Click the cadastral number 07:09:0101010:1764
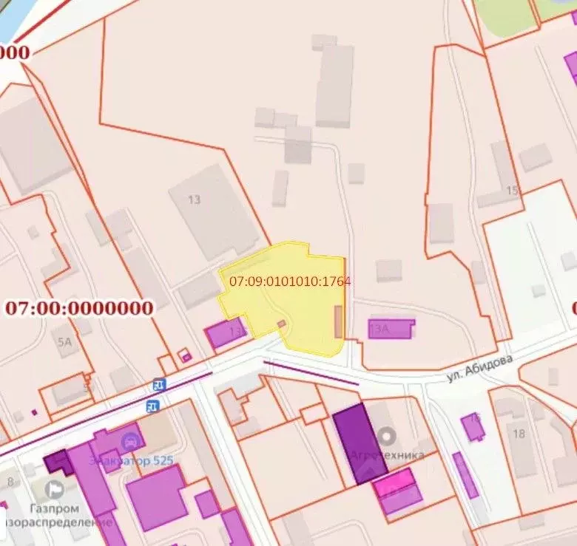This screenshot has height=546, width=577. pyautogui.click(x=290, y=281)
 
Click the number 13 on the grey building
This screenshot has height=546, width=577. pyautogui.click(x=195, y=199)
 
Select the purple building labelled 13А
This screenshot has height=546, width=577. pyautogui.click(x=391, y=328)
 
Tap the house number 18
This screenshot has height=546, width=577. pyautogui.click(x=519, y=433)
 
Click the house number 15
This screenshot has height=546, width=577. pyautogui.click(x=512, y=191)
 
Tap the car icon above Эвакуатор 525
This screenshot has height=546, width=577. pyautogui.click(x=132, y=442)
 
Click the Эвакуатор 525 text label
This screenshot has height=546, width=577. pyautogui.click(x=132, y=461)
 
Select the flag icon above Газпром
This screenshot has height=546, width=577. pyautogui.click(x=53, y=488)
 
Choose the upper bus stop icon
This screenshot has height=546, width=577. pyautogui.click(x=158, y=385)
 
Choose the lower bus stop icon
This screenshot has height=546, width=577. pyautogui.click(x=153, y=405)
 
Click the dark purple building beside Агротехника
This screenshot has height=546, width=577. pyautogui.click(x=359, y=443)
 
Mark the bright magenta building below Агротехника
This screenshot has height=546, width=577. pyautogui.click(x=394, y=484)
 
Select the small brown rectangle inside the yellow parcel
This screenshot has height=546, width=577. pyautogui.click(x=339, y=323)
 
